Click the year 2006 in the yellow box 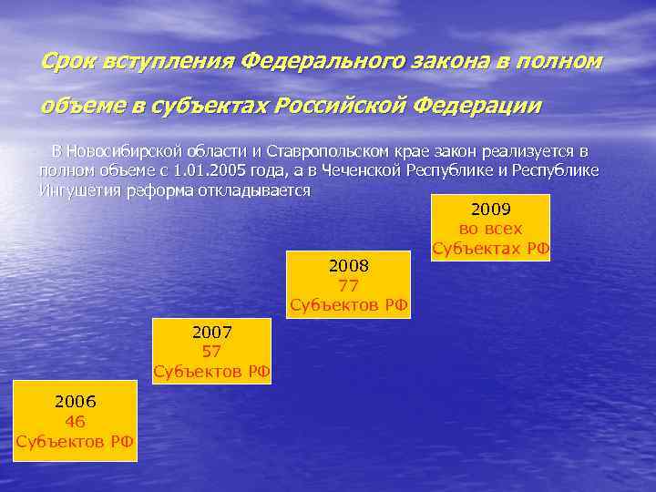click(75, 400)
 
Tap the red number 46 click(75, 421)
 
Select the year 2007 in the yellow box click(211, 330)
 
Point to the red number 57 click(211, 351)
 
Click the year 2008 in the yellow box click(348, 265)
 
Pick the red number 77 click(348, 285)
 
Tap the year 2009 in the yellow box click(490, 209)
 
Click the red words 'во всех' click(490, 229)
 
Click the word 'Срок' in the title click(69, 62)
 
